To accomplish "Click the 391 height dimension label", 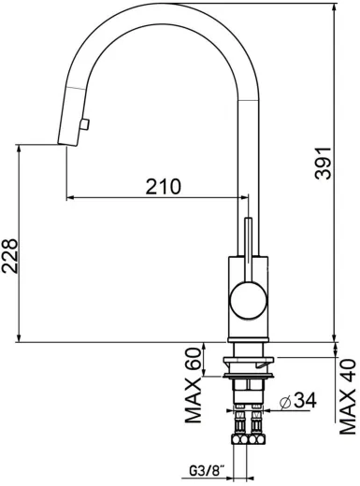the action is coord(323,163).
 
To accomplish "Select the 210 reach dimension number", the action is coord(163,187).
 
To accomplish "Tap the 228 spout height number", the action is coord(9,256).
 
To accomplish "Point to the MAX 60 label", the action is coord(193,385).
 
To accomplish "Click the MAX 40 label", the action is coord(348,396).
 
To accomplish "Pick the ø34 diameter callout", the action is coord(298,400).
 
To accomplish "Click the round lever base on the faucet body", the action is coord(249,300).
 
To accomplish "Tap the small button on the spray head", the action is coord(84,124).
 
